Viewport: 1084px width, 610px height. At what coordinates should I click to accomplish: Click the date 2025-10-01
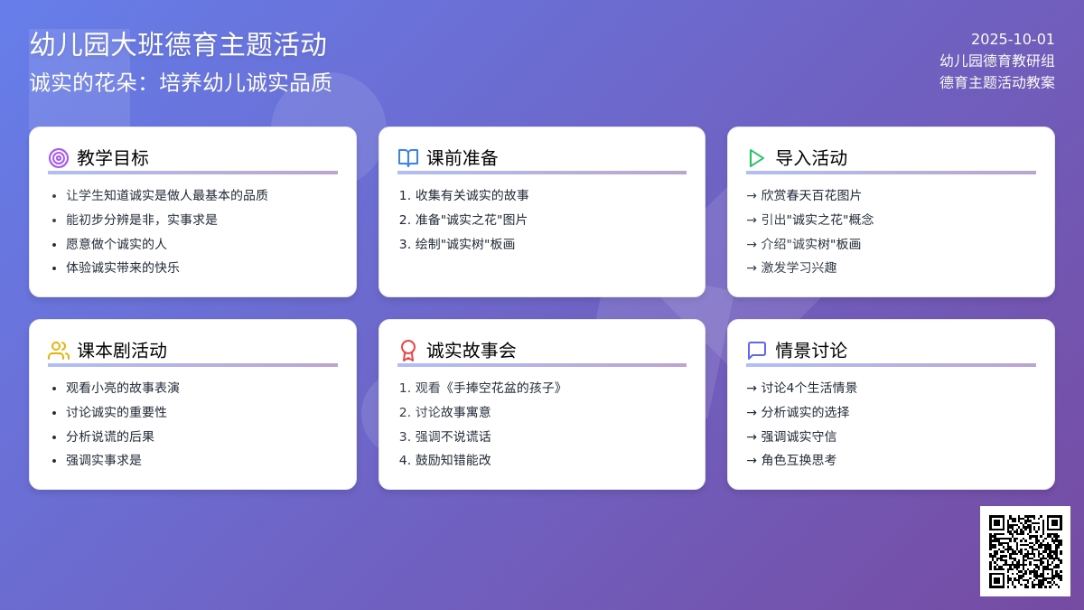point(1013,39)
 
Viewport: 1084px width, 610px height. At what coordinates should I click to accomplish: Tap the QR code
point(1025,551)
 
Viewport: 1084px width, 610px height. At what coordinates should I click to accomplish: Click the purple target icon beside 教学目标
point(59,158)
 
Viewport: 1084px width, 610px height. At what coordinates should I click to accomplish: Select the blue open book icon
point(408,158)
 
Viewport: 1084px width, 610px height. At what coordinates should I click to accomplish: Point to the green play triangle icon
point(756,158)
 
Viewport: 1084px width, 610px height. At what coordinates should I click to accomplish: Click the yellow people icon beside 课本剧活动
point(59,351)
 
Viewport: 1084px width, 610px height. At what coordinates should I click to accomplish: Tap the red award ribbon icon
point(408,351)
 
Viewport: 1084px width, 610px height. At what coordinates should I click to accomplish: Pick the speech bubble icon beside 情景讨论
point(757,351)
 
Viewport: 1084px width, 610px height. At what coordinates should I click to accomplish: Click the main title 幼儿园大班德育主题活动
point(178,44)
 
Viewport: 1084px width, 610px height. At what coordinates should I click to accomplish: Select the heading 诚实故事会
point(471,351)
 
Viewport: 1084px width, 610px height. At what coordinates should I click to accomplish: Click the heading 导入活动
point(811,158)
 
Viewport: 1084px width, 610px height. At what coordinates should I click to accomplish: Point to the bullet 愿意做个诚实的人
point(117,244)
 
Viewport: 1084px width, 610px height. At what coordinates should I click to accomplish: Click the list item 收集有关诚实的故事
point(472,195)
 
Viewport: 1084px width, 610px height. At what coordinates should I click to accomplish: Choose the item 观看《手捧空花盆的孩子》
point(489,388)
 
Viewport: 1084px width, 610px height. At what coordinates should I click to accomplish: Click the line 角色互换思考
point(799,460)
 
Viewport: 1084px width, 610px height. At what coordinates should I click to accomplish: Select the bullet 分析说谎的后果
point(110,436)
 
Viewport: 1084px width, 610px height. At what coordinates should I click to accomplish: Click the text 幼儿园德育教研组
point(997,61)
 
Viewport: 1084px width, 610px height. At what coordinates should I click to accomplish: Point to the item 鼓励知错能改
point(453,460)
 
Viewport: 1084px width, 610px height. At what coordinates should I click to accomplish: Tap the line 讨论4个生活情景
point(808,388)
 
